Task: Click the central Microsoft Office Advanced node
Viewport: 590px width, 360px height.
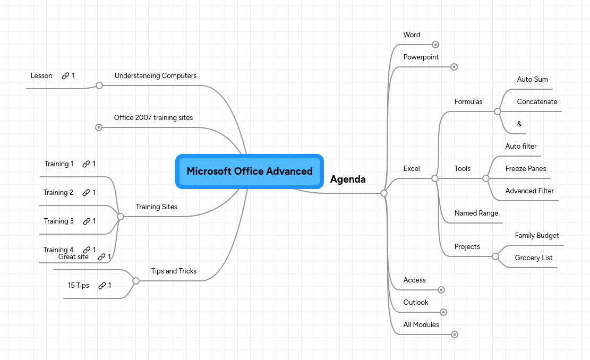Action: pyautogui.click(x=250, y=172)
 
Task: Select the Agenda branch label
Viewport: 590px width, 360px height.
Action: pyautogui.click(x=348, y=179)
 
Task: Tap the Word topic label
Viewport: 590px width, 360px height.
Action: pyautogui.click(x=412, y=35)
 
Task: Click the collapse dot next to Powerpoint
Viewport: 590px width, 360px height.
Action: pyautogui.click(x=454, y=67)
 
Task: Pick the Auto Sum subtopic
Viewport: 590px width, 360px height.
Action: pyautogui.click(x=532, y=80)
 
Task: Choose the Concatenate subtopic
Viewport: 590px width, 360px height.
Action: pyautogui.click(x=537, y=102)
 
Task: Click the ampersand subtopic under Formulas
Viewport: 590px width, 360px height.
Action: pyautogui.click(x=519, y=124)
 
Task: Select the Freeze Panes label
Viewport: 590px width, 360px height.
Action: pyautogui.click(x=525, y=169)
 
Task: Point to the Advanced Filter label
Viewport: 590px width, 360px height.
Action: pyautogui.click(x=529, y=191)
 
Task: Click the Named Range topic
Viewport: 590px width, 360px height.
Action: pyautogui.click(x=476, y=213)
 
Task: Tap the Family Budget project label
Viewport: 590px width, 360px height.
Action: pyautogui.click(x=537, y=236)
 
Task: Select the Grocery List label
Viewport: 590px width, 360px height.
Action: pyautogui.click(x=534, y=258)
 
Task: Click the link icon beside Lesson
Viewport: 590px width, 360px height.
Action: pyautogui.click(x=65, y=76)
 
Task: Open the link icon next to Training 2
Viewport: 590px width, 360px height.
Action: pyautogui.click(x=86, y=193)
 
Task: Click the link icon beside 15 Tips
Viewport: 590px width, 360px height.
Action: pyautogui.click(x=102, y=286)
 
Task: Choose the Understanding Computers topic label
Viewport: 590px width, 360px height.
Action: pyautogui.click(x=156, y=76)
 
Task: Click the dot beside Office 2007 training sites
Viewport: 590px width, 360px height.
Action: pyautogui.click(x=99, y=127)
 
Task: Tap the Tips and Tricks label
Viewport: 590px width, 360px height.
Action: pyautogui.click(x=174, y=271)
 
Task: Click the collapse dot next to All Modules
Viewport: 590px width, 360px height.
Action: pyautogui.click(x=454, y=335)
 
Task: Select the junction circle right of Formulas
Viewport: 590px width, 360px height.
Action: pyautogui.click(x=497, y=112)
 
